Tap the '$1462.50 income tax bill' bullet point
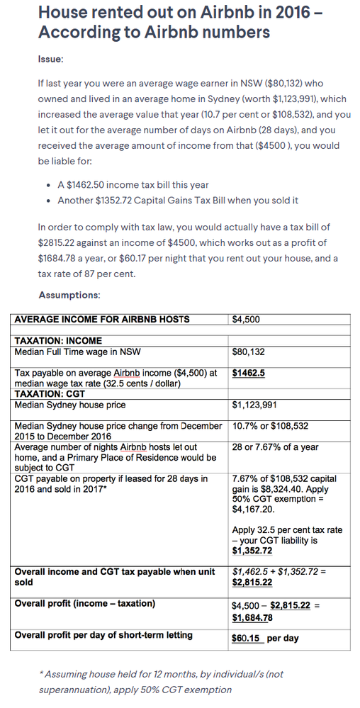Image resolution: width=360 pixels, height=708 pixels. (x=133, y=184)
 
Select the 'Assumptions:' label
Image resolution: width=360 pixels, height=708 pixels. (x=69, y=295)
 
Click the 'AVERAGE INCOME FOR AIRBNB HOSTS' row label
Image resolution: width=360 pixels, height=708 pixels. (x=102, y=320)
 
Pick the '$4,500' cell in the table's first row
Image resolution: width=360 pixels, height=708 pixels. (x=246, y=320)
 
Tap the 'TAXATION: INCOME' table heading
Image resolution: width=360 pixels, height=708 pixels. (x=58, y=341)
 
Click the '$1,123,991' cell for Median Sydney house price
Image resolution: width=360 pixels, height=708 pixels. (x=254, y=406)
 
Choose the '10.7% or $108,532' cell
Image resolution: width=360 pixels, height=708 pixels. (x=270, y=427)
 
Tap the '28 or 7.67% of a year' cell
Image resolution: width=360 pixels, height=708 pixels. (x=275, y=447)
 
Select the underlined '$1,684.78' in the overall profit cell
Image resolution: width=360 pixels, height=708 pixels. (x=253, y=616)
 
